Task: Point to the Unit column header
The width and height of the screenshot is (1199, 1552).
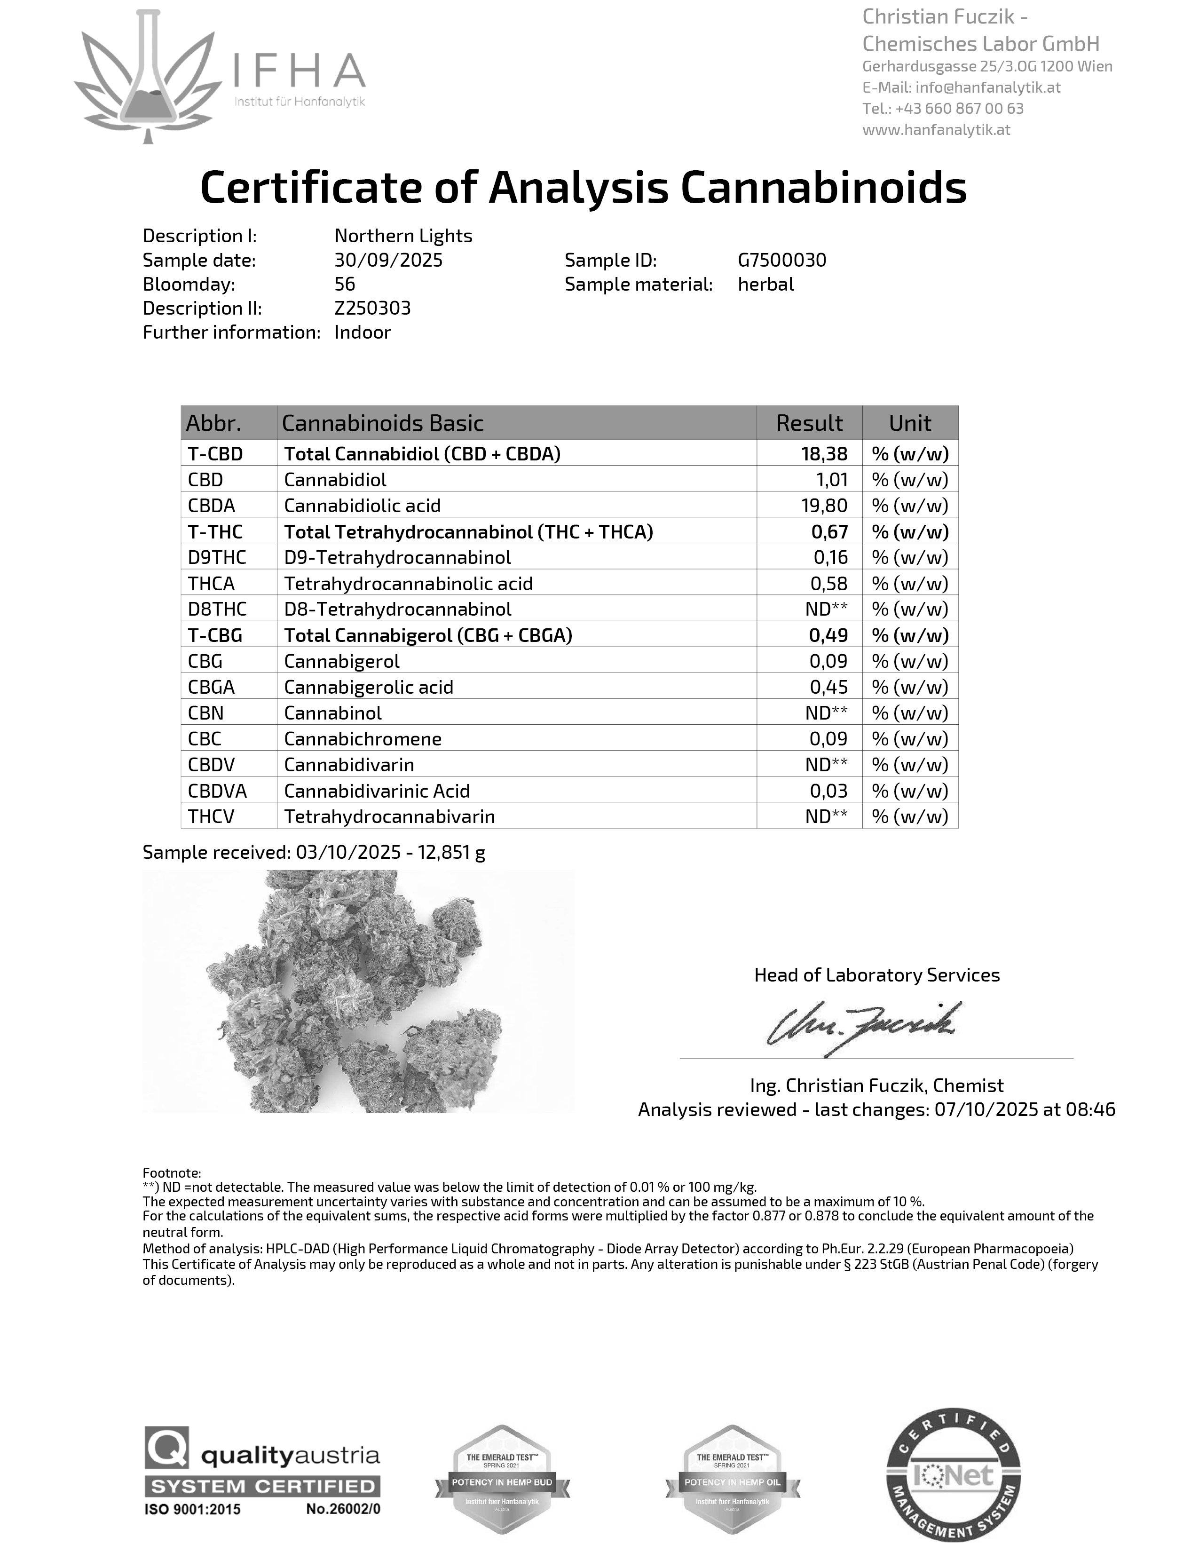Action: tap(909, 423)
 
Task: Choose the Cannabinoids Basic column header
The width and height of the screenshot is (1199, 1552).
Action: tap(382, 423)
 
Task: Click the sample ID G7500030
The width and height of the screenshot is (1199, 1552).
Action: tap(781, 260)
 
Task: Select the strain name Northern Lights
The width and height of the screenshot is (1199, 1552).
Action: tap(403, 236)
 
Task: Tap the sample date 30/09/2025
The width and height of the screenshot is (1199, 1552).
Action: tap(388, 260)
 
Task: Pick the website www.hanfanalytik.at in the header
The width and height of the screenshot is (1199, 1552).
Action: tap(936, 129)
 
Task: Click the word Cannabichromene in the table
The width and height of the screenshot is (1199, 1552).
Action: tap(362, 739)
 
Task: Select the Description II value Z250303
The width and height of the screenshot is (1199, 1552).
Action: tap(372, 309)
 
